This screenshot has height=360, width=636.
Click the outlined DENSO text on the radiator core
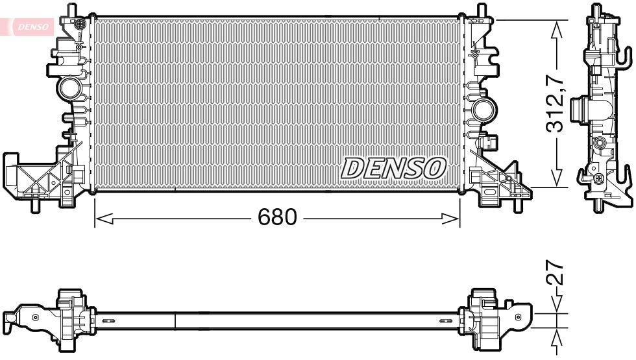coord(393,168)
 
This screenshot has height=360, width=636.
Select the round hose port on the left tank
coord(67,87)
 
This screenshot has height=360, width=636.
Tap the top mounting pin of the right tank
coord(482,10)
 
